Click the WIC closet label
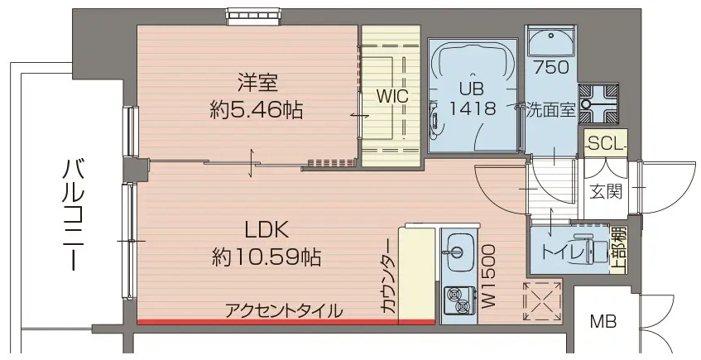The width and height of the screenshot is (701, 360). (391, 96)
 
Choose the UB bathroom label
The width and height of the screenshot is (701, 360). (473, 84)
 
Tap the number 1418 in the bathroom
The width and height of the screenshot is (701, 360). (473, 108)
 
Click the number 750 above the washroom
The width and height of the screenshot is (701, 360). (550, 67)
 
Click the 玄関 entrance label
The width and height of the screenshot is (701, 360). (606, 192)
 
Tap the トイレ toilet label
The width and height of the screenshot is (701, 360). (564, 251)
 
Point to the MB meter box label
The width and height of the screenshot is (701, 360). (603, 321)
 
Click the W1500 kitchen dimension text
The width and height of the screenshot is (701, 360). (488, 276)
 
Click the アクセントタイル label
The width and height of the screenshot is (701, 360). (284, 311)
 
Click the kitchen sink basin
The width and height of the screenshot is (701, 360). (457, 246)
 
